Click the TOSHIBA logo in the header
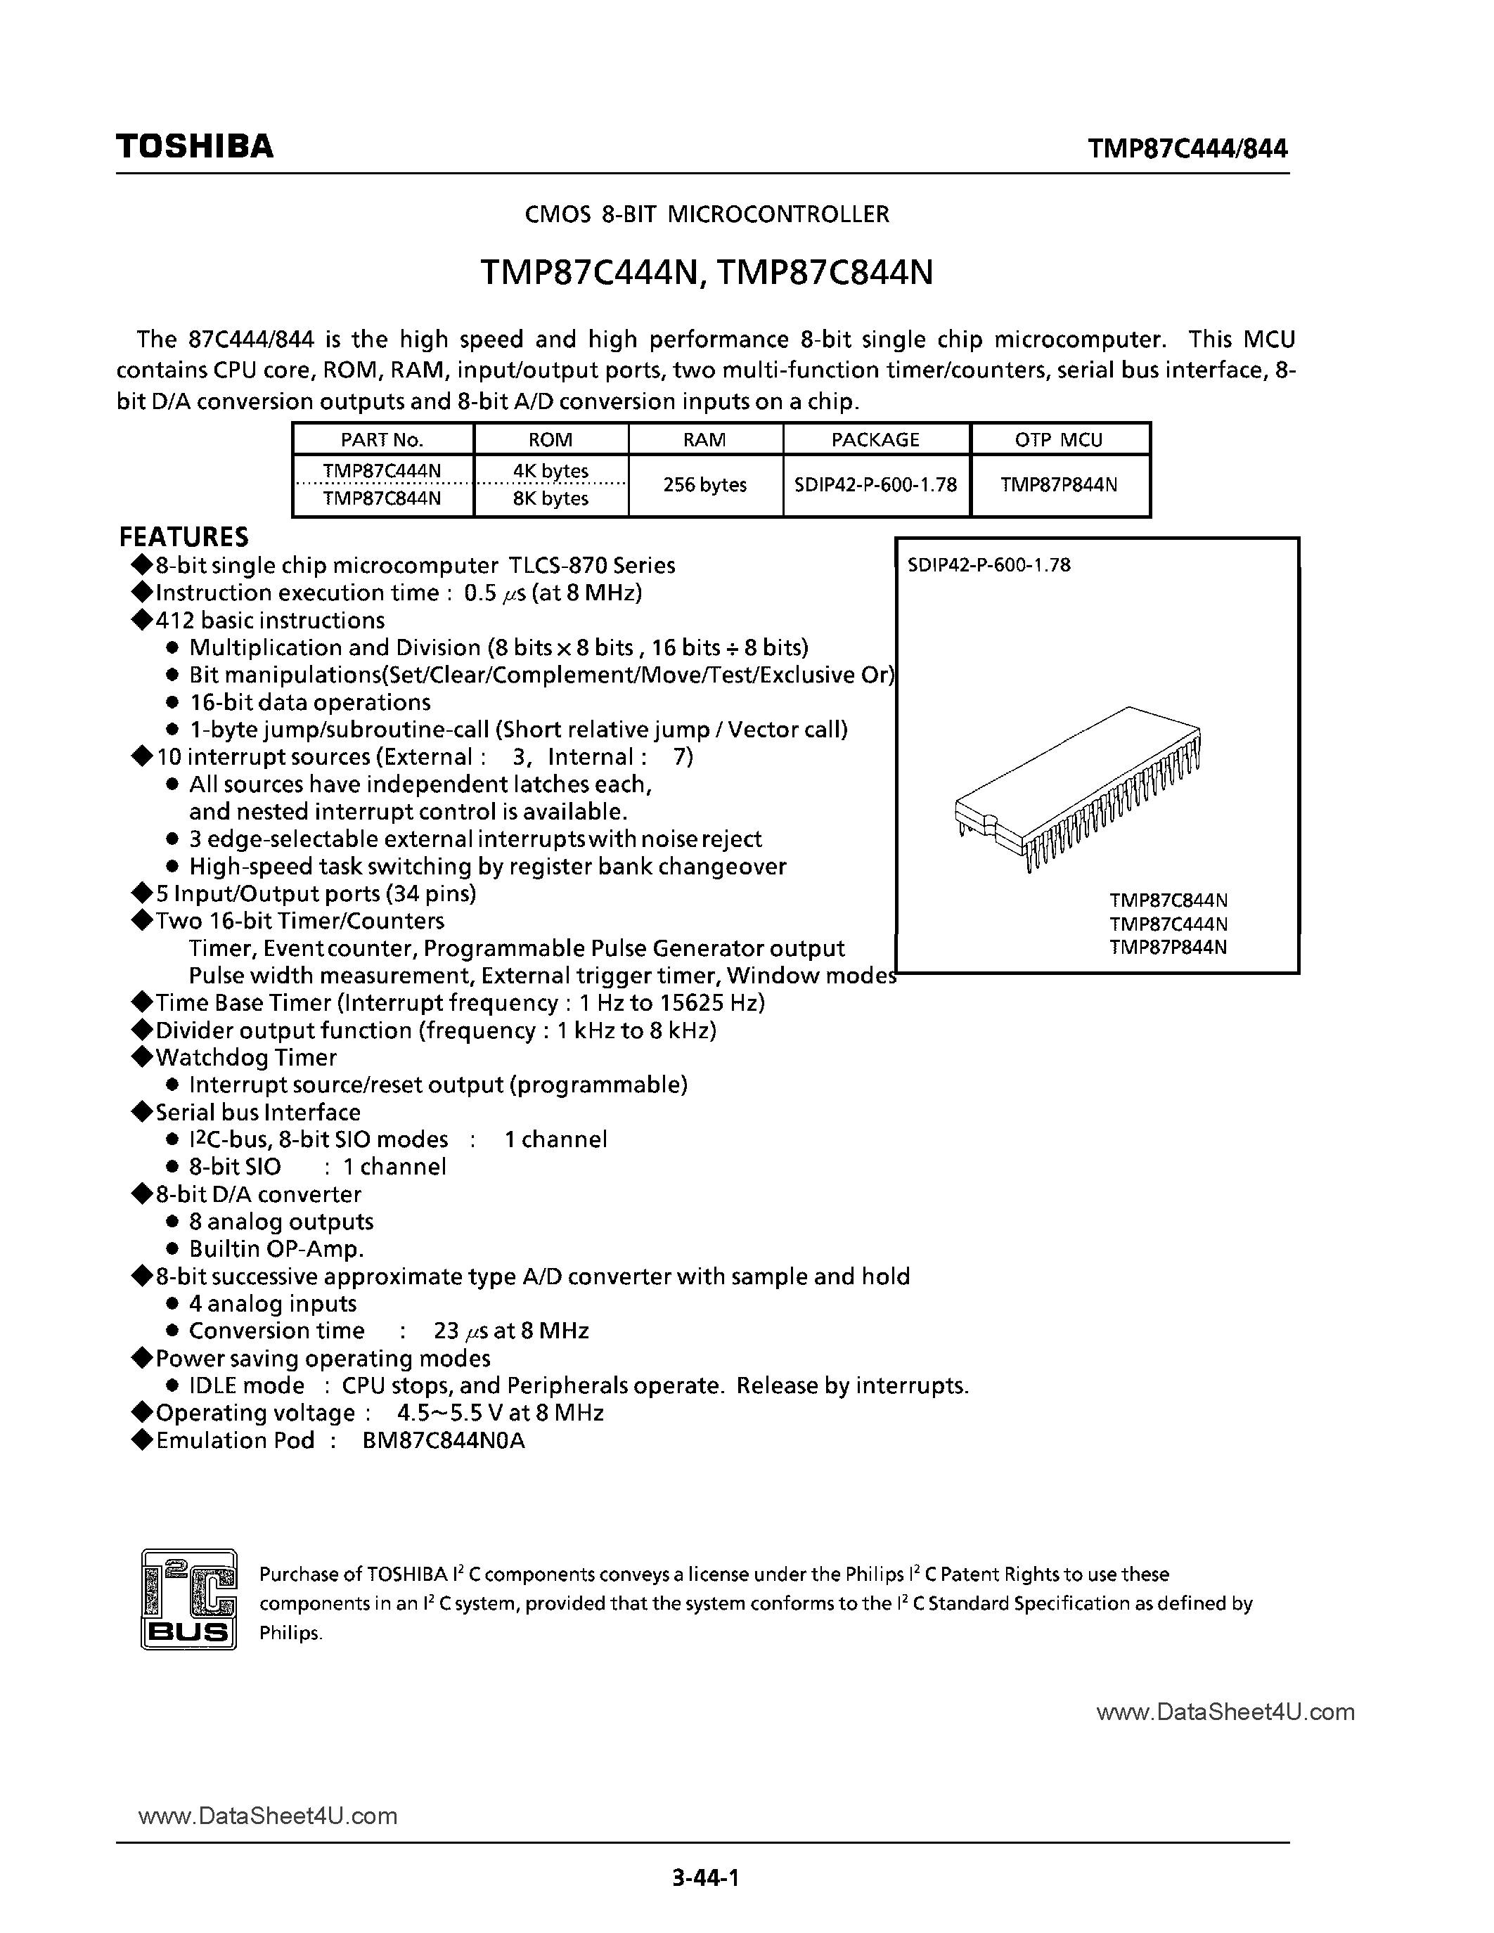(195, 147)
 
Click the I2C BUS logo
(188, 1599)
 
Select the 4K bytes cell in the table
(550, 471)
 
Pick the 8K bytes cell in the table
(550, 498)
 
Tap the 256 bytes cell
(704, 485)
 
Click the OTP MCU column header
(1059, 440)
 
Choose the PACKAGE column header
(875, 440)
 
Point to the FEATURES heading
(184, 537)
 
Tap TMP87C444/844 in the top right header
(1187, 149)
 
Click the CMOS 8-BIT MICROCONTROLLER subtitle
(707, 214)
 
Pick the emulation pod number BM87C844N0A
(444, 1441)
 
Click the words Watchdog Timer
(246, 1058)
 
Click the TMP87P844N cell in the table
(1059, 485)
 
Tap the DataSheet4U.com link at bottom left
(268, 1816)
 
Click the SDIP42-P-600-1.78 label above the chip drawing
(989, 564)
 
